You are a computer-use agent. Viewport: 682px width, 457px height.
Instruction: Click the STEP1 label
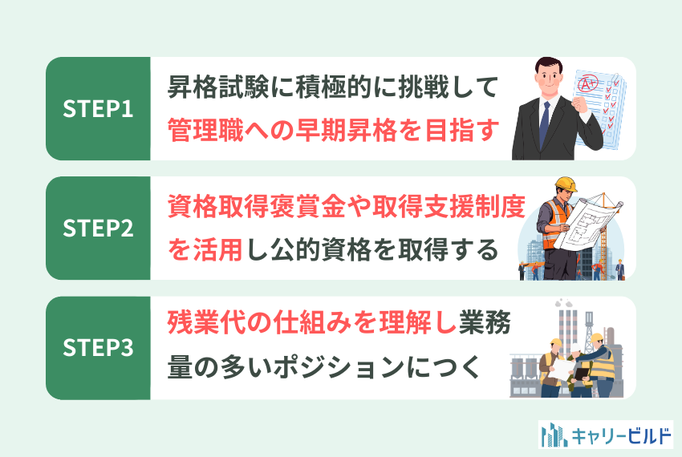[x=98, y=109]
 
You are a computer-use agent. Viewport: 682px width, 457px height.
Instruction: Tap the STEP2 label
[x=98, y=228]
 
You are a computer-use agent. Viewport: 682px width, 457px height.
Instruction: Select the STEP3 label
[x=98, y=348]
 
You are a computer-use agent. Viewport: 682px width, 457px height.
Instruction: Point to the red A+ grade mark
[x=588, y=83]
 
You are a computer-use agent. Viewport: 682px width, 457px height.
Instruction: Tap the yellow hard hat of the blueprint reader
[x=566, y=184]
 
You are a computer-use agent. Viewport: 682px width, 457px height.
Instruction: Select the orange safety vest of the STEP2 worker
[x=556, y=224]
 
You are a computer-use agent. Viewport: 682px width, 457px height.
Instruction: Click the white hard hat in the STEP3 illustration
[x=575, y=348]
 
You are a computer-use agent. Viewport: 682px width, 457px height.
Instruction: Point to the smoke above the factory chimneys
[x=564, y=302]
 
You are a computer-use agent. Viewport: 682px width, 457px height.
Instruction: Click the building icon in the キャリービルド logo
[x=554, y=435]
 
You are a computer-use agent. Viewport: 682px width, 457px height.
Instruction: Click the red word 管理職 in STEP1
[x=205, y=130]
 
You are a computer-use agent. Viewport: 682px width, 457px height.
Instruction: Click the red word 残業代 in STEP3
[x=205, y=323]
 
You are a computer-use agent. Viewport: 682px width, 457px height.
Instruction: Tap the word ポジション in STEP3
[x=327, y=367]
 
